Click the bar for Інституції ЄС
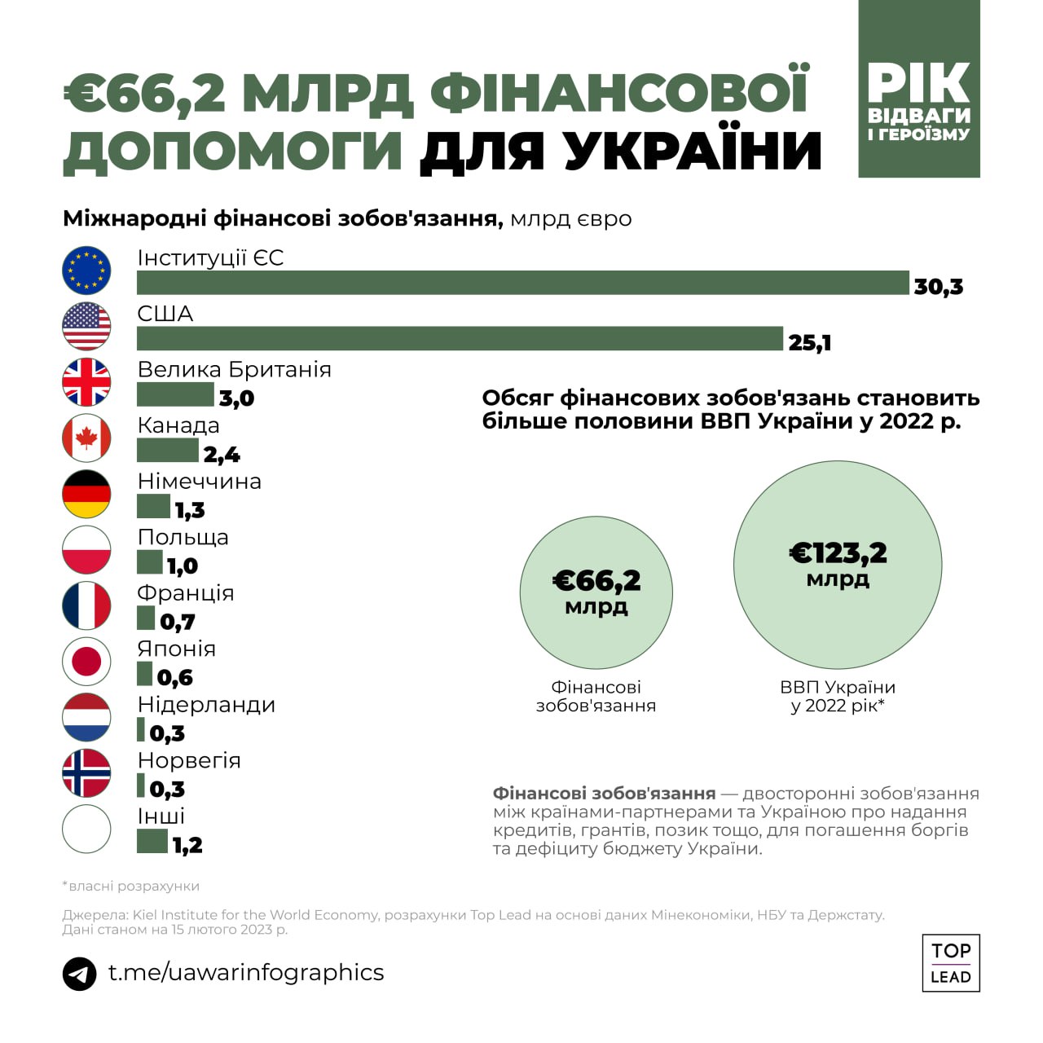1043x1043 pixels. pos(522,282)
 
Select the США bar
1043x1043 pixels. pos(460,338)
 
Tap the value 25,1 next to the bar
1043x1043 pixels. pos(809,342)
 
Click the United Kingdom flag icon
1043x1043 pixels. pos(86,382)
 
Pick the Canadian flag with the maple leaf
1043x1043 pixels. pos(86,438)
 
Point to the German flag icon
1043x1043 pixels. pos(86,494)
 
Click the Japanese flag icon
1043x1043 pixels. pos(86,661)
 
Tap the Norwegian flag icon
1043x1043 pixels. pos(86,772)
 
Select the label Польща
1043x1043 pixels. pos(183,538)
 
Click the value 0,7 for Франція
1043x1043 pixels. pos(177,622)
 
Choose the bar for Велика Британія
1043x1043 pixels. pos(174,394)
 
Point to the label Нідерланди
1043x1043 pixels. pos(206,705)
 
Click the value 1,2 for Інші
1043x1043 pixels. pos(187,845)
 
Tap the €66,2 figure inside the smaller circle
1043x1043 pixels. pos(596,581)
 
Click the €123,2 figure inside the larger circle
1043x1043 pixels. pos(838,554)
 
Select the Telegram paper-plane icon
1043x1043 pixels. pos(79,974)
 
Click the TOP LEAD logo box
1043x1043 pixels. pos(951,963)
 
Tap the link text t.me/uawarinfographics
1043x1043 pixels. pos(246,972)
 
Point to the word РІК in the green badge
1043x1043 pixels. pos(918,83)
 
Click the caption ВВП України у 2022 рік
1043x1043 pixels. pos(838,697)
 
